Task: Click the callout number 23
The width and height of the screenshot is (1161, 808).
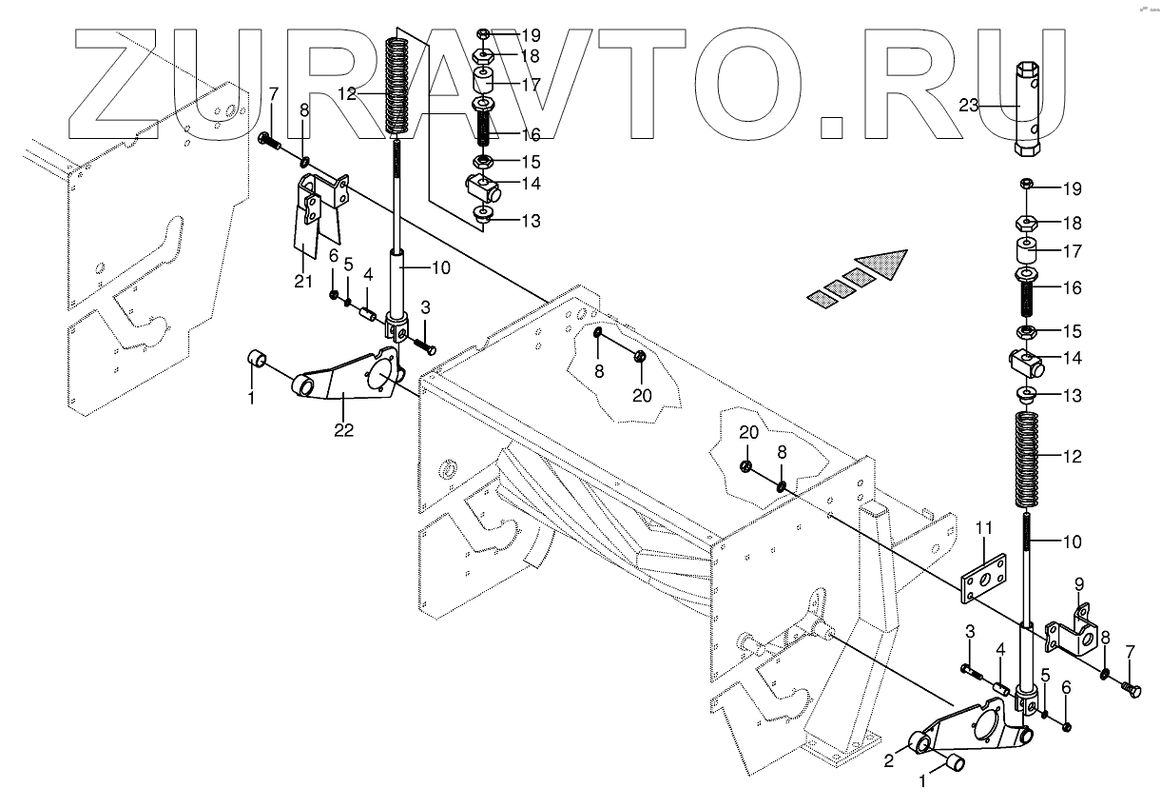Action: [968, 106]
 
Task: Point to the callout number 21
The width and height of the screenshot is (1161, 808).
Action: [302, 281]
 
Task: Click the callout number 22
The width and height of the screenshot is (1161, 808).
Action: [343, 429]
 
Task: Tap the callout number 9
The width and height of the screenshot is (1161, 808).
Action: [1079, 583]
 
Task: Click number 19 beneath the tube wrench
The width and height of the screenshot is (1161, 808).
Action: [1072, 187]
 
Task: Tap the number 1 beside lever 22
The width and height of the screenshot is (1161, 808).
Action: [251, 398]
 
